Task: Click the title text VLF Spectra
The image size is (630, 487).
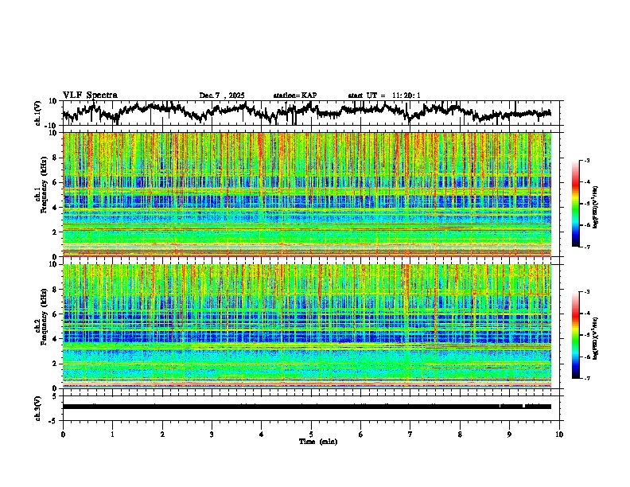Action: (90, 95)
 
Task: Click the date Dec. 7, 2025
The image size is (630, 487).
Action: (222, 95)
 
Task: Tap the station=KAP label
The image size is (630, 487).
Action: (295, 95)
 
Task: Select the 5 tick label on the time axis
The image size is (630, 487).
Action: (311, 434)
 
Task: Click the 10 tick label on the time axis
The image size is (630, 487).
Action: (559, 434)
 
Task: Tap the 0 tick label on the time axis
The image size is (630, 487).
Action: (63, 434)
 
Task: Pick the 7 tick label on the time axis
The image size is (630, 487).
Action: (410, 434)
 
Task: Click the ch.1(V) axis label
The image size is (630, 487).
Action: (38, 113)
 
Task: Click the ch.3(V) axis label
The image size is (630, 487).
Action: (38, 407)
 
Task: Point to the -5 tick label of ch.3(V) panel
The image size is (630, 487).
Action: (54, 419)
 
